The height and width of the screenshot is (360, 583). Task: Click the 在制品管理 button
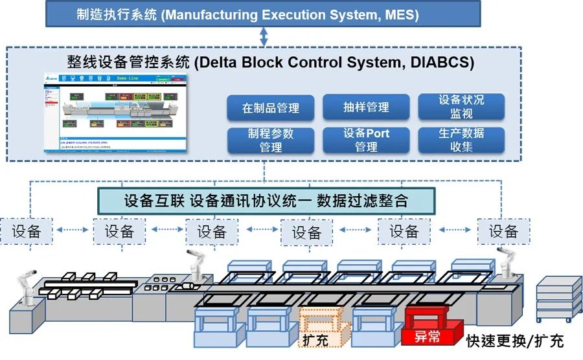tap(270, 108)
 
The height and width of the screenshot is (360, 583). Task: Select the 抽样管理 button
tap(366, 107)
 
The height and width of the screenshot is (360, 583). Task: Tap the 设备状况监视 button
tap(461, 107)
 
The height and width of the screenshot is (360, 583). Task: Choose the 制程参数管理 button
tap(270, 140)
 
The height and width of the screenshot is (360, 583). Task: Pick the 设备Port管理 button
tap(366, 140)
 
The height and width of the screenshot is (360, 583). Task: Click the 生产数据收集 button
tap(461, 140)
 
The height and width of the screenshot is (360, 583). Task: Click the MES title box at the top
tap(264, 14)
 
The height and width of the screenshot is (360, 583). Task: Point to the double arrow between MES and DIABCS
tap(264, 37)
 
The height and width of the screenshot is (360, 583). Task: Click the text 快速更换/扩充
tap(514, 341)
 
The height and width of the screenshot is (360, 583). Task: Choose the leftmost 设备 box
tap(27, 231)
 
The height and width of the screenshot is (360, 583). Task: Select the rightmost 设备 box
tap(503, 231)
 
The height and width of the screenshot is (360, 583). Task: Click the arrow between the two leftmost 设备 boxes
tap(73, 231)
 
